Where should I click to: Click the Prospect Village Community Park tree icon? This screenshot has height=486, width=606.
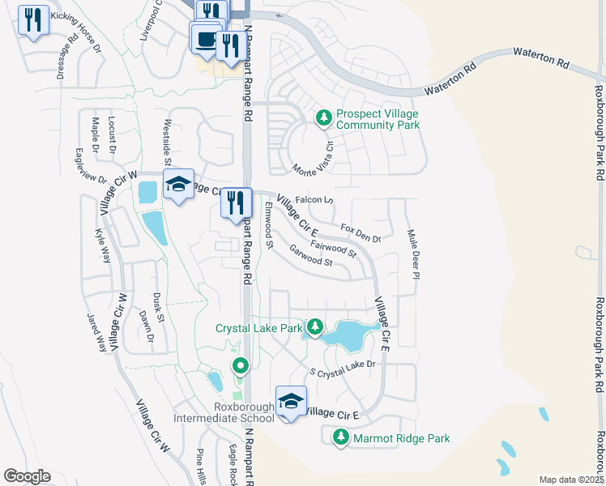point(324,118)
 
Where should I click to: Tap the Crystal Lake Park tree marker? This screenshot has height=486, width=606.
point(315,328)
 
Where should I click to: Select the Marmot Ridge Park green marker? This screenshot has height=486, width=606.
point(340,438)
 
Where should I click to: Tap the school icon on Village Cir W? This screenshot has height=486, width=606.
point(178,185)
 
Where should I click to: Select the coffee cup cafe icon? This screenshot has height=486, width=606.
point(206,38)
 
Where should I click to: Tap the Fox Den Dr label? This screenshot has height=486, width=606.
point(361,232)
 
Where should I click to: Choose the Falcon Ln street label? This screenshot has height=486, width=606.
point(314,199)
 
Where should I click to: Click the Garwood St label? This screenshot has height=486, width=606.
point(311,257)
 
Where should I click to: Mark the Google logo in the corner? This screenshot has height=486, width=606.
point(27,476)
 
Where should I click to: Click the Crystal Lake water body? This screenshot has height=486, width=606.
point(347,333)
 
